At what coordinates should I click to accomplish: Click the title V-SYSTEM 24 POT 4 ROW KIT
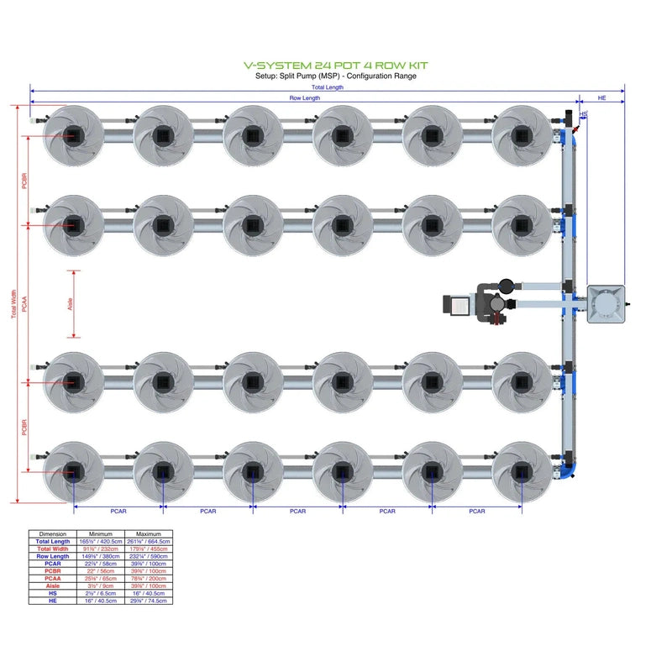point(335,65)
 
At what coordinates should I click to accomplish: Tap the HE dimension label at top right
point(601,98)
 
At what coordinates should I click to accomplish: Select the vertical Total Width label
point(13,305)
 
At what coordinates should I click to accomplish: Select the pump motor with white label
point(459,305)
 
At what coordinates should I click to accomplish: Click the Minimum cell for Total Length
point(101,542)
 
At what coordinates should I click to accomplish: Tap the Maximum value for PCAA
point(149,578)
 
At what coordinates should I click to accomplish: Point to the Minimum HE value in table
point(101,601)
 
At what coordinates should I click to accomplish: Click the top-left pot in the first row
point(73,134)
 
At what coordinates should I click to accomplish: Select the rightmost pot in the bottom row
point(522,471)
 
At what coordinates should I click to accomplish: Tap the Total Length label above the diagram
point(327,87)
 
